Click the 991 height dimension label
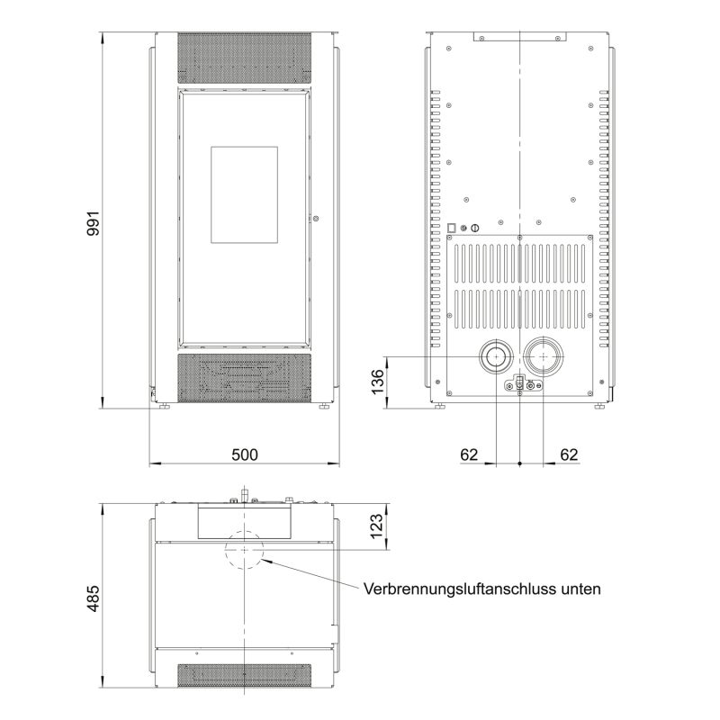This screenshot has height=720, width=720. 94,223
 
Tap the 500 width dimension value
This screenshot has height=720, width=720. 245,454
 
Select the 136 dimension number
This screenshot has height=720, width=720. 377,381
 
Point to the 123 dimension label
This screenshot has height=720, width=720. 376,526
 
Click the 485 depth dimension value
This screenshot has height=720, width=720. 94,598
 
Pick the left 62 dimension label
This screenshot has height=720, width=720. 469,454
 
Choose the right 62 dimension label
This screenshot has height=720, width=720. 569,454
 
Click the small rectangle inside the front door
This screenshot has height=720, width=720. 244,194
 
